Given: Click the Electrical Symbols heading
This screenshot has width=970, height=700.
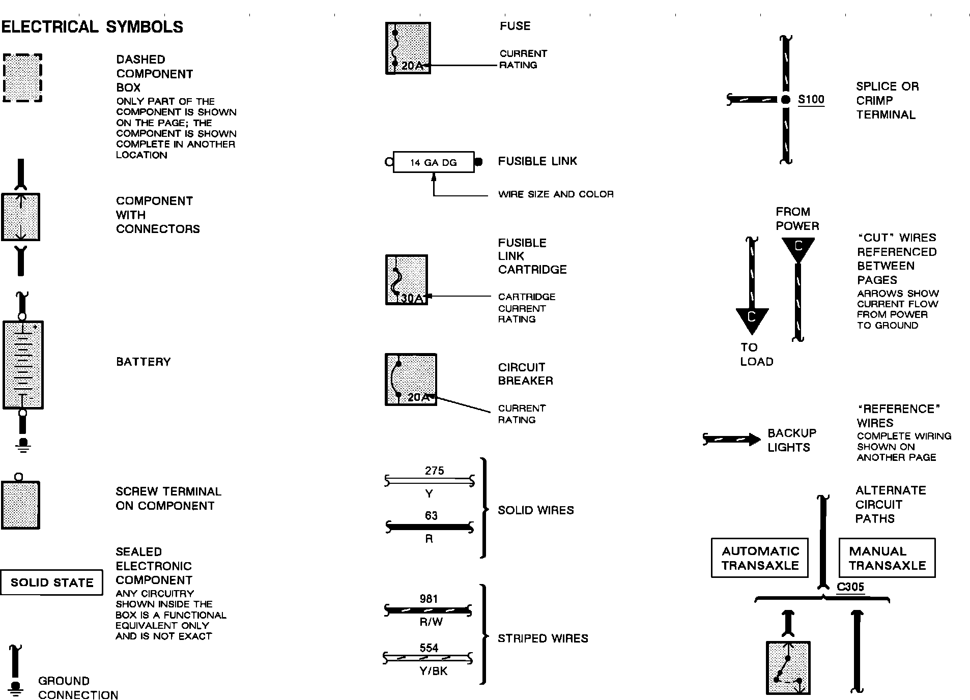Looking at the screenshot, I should click(92, 26).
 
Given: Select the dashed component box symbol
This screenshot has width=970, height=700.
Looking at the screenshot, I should click(22, 78).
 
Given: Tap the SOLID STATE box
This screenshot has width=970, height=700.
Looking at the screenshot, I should click(51, 582).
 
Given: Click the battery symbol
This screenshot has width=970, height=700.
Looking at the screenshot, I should click(23, 365).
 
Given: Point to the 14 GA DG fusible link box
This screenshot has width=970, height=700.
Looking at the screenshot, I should click(434, 162).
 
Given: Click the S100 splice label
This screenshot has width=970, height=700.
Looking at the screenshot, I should click(811, 99).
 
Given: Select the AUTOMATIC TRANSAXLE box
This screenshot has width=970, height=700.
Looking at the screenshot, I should click(760, 558).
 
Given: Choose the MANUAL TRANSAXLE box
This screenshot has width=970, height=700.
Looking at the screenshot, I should click(887, 558).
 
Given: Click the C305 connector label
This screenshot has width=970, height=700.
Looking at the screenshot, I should click(850, 587).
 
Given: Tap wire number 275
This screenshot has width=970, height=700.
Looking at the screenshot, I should click(434, 471).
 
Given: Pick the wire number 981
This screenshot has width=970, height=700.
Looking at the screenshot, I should click(429, 599).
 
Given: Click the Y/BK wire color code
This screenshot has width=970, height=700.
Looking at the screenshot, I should click(433, 671).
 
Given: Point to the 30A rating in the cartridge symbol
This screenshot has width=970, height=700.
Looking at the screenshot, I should click(411, 298).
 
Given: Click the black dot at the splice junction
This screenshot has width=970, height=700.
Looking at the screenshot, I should click(786, 100).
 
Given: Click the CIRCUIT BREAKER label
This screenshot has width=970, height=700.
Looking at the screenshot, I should click(525, 374).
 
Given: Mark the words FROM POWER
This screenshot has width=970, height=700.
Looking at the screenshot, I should click(797, 219).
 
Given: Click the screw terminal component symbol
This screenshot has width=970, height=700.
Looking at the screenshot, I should click(20, 505).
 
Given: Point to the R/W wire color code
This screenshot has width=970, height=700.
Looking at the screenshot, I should click(431, 621).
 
